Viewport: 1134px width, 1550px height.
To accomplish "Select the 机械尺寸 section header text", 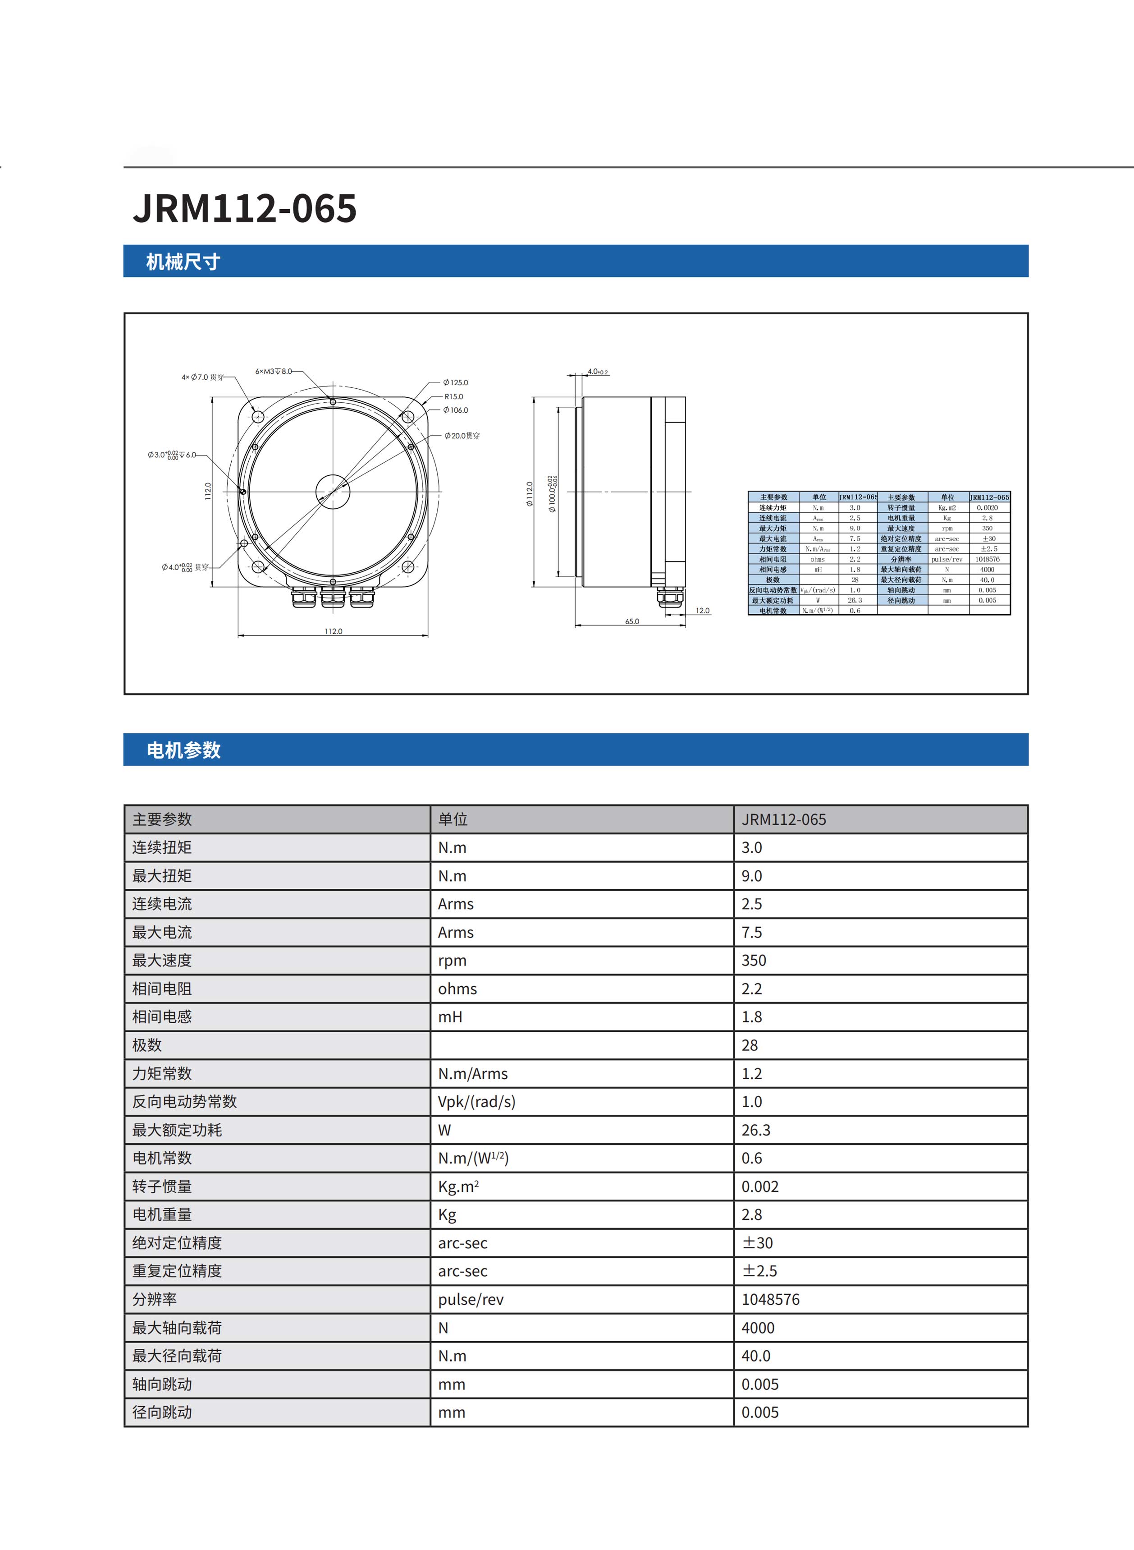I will (183, 262).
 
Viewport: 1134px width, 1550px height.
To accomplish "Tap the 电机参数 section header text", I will (183, 750).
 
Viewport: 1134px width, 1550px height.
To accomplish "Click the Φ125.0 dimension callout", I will (456, 382).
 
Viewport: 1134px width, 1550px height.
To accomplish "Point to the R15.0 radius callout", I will (454, 396).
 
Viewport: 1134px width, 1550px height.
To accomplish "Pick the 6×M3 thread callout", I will (273, 372).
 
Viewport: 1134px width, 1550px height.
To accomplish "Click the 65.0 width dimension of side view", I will (631, 621).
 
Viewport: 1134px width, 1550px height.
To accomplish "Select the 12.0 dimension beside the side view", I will (702, 611).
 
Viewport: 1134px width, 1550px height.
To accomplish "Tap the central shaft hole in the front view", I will (333, 491).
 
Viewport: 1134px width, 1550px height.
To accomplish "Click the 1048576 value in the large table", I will (770, 1299).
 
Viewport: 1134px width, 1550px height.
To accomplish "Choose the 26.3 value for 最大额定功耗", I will (756, 1130).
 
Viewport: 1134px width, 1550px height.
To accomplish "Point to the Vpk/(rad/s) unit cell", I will (476, 1102).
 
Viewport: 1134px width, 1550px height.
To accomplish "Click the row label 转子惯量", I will (162, 1186).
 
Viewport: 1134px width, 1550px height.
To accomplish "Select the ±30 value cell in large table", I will (757, 1243).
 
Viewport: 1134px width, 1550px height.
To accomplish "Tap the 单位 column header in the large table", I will (453, 819).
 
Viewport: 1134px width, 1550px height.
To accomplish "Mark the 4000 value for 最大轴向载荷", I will (758, 1328).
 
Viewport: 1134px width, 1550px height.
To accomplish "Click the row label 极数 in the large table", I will (147, 1045).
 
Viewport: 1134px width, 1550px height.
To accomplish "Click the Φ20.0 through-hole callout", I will (462, 435).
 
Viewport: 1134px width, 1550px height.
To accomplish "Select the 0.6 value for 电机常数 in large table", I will (752, 1158).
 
